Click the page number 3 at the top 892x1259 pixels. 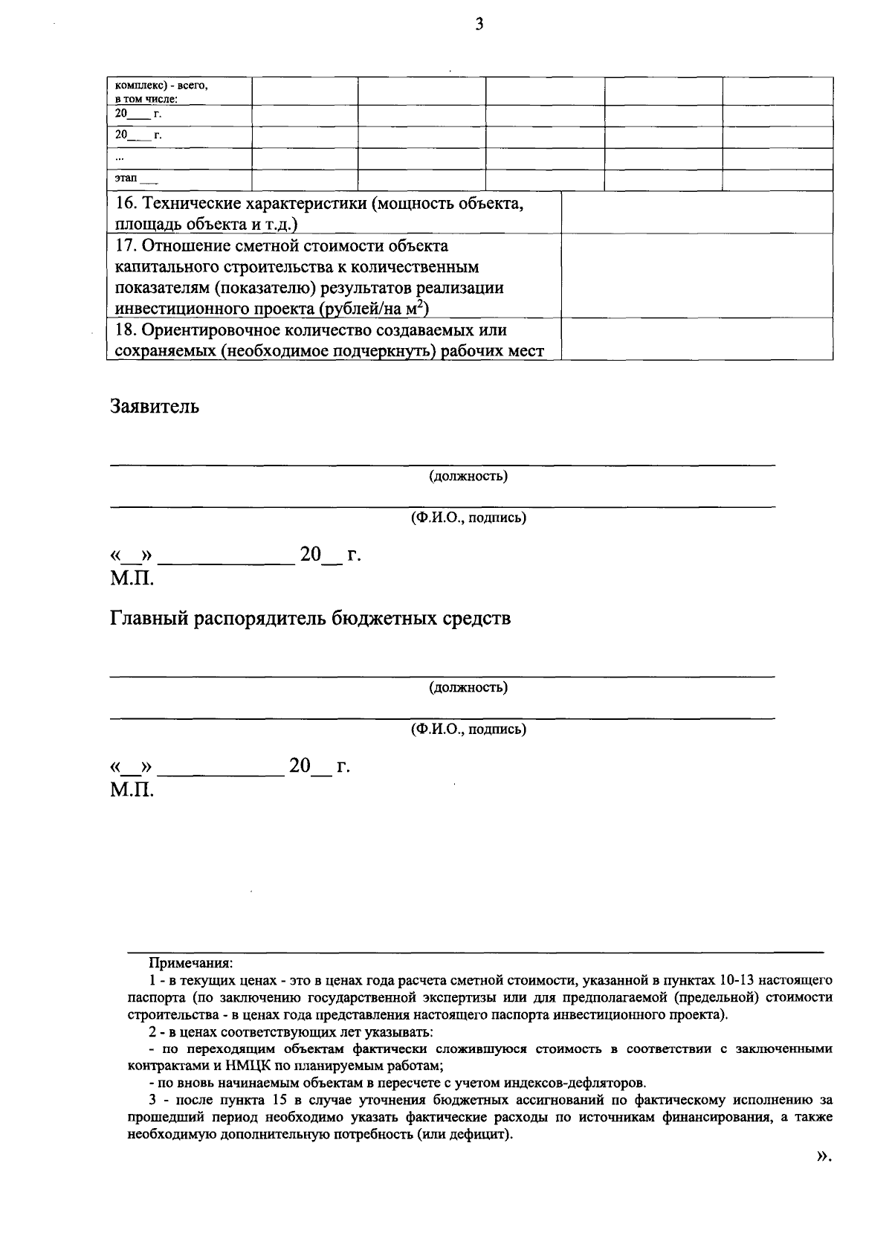(479, 25)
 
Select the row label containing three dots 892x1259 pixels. (120, 158)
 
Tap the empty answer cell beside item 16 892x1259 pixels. (696, 213)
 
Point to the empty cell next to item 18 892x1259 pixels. (696, 339)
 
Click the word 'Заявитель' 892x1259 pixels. (155, 406)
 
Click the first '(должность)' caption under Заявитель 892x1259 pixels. (468, 476)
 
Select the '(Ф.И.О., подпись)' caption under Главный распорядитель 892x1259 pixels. (468, 730)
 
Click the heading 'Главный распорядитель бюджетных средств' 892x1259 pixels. (311, 618)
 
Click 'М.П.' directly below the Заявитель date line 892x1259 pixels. (132, 579)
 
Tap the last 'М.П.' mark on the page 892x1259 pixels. (132, 790)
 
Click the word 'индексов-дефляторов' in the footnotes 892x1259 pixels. (569, 1082)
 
